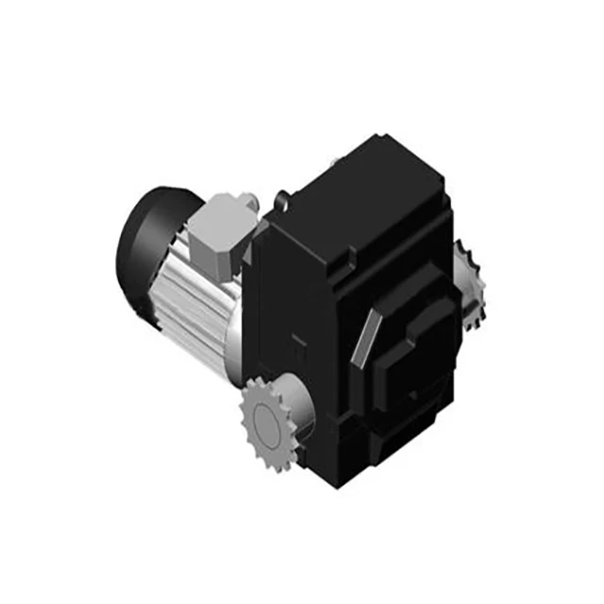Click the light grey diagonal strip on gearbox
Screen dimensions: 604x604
(x=369, y=335)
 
